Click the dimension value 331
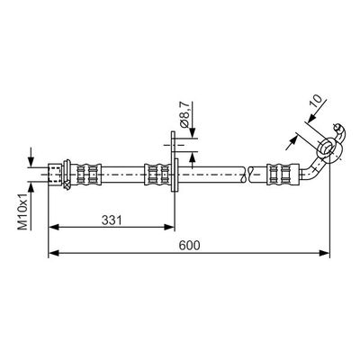pos(110,219)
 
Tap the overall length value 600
pos(188,245)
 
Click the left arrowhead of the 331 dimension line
pos(52,229)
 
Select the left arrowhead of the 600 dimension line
pos(52,254)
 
